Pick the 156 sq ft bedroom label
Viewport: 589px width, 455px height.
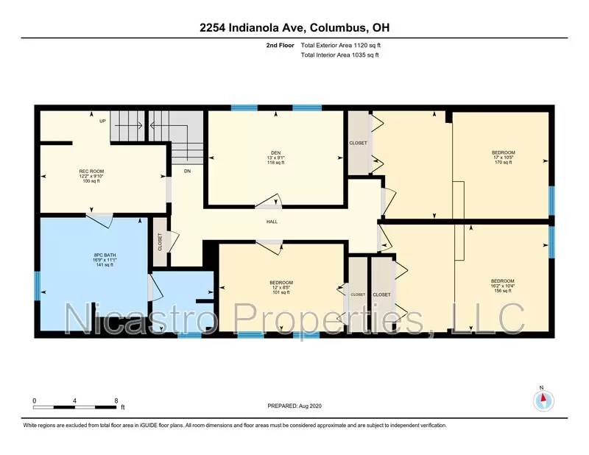[x=502, y=281]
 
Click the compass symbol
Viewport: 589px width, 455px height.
[x=542, y=400]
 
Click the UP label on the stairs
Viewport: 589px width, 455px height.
[x=103, y=121]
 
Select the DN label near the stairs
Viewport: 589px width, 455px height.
[x=187, y=171]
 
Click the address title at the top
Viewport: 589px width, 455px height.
[x=294, y=28]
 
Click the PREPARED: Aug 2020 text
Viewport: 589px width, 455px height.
[x=294, y=406]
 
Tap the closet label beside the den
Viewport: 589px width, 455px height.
[x=358, y=144]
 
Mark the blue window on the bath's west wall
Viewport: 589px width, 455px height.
[x=36, y=285]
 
